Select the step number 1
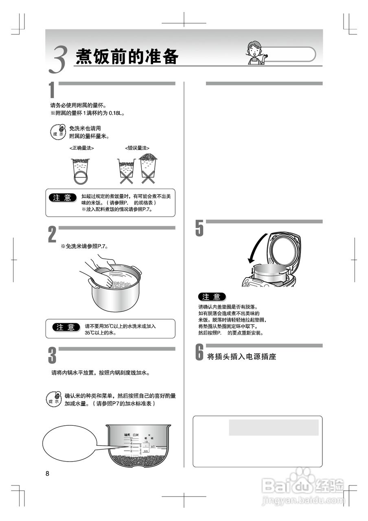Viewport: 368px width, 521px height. click(52, 90)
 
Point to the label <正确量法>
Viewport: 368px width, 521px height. click(81, 148)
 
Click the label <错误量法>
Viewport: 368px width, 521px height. click(137, 148)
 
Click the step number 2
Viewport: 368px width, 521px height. click(52, 235)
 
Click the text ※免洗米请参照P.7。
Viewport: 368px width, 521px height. click(84, 246)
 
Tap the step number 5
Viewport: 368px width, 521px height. click(199, 229)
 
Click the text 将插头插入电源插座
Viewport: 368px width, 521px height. click(242, 357)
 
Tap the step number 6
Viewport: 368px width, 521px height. click(199, 352)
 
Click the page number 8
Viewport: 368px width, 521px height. click(48, 473)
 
